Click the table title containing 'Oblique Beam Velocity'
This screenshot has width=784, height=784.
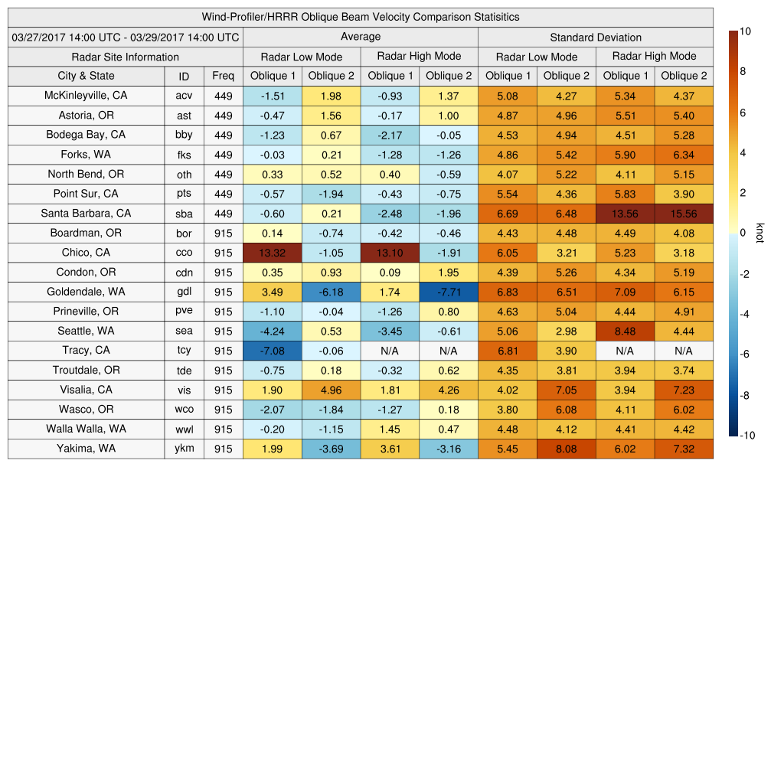(361, 17)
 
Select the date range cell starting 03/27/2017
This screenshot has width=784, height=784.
(126, 37)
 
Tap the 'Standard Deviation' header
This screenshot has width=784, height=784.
(596, 37)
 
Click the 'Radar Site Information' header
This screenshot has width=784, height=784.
(126, 57)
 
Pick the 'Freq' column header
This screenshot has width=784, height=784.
(224, 76)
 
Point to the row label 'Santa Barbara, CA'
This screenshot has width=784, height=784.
(87, 214)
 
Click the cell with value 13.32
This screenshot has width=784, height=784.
(273, 253)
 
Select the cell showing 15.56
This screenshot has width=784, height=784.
(684, 214)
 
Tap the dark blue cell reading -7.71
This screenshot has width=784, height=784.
(449, 292)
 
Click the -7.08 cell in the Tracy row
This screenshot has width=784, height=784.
(273, 351)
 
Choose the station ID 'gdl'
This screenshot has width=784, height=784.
(184, 292)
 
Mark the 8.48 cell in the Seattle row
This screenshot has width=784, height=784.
(625, 332)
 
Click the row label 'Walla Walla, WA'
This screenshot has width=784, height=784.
(87, 429)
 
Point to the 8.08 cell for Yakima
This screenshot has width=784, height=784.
(566, 449)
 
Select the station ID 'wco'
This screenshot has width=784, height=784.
(184, 410)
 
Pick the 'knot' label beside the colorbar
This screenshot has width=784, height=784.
(760, 233)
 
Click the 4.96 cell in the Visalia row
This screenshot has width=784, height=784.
(331, 390)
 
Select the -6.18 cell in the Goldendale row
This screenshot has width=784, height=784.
(331, 292)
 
